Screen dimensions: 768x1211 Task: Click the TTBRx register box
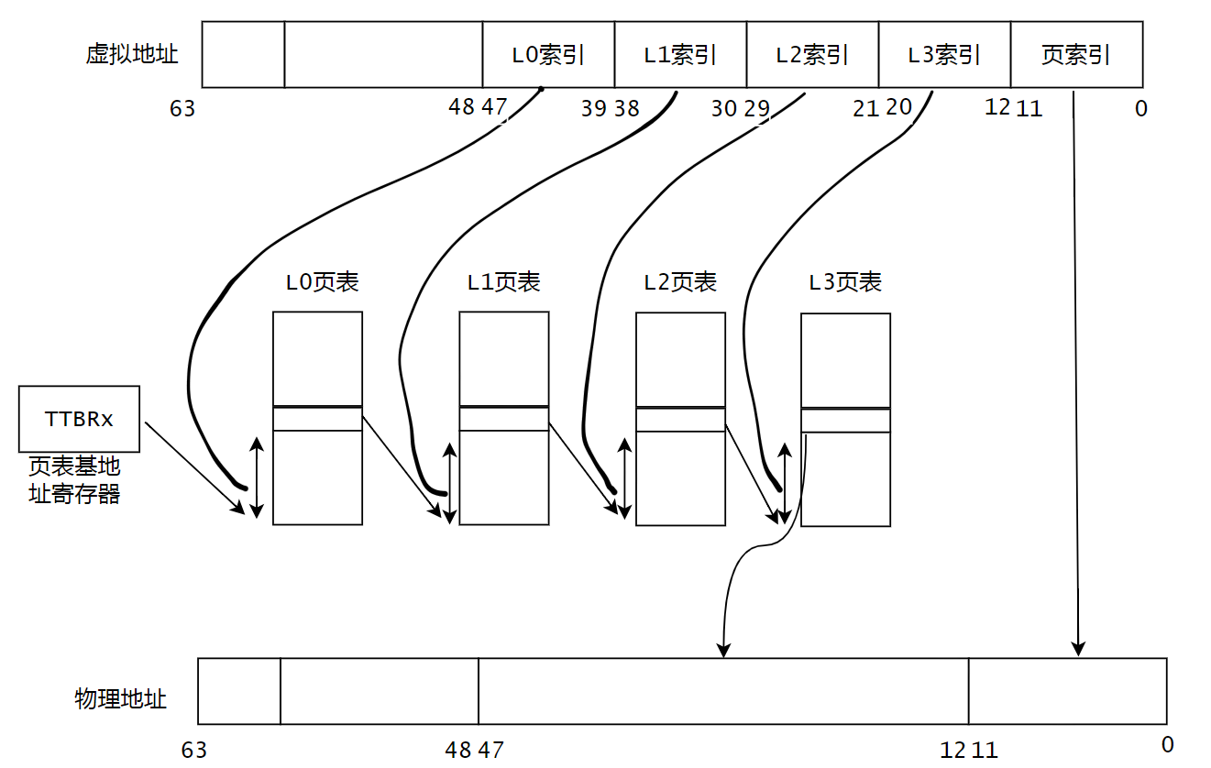pos(79,419)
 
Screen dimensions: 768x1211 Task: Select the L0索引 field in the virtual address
pos(548,55)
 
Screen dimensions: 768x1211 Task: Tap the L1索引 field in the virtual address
pos(680,55)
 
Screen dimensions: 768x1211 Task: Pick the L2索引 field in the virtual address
pos(812,55)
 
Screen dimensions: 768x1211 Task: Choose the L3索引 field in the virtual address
pos(944,55)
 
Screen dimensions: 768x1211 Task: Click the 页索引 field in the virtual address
pos(1076,55)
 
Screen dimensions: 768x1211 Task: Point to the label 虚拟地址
pos(132,54)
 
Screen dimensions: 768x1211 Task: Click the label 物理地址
pos(121,699)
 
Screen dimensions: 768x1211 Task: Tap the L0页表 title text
pos(322,281)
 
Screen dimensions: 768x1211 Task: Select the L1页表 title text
pos(503,281)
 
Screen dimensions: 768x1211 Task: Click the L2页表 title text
pos(680,281)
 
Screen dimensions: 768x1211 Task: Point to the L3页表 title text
pos(845,281)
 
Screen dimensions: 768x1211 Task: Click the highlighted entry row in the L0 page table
pos(317,419)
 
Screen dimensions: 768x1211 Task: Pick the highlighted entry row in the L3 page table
pos(845,421)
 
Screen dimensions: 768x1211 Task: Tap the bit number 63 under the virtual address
pos(182,108)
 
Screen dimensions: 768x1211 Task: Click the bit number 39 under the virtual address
pos(593,108)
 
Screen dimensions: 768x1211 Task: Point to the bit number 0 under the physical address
pos(1167,745)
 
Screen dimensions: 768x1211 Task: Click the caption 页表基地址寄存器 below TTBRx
pos(74,480)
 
